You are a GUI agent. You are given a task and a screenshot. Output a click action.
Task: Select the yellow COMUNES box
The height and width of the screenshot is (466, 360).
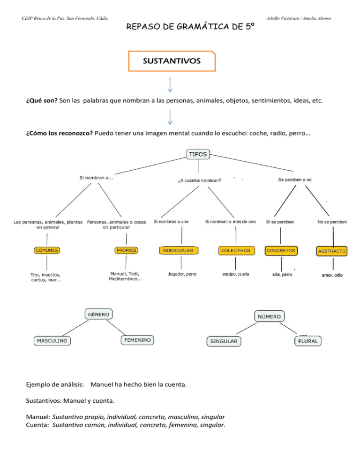pyautogui.click(x=46, y=250)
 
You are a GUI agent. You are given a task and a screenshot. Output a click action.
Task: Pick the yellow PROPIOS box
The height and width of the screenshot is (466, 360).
pyautogui.click(x=126, y=250)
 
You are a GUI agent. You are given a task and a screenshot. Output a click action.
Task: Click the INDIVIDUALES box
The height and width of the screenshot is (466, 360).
pyautogui.click(x=178, y=251)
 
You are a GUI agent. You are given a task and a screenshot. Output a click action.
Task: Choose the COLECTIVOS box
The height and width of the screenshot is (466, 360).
pyautogui.click(x=237, y=250)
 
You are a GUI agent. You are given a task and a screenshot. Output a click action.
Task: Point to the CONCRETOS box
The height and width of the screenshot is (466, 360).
pyautogui.click(x=281, y=251)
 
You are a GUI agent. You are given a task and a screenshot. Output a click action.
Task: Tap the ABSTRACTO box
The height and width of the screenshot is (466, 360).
pyautogui.click(x=332, y=251)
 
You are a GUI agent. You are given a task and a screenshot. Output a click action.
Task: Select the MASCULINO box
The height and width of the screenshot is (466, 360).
pyautogui.click(x=52, y=340)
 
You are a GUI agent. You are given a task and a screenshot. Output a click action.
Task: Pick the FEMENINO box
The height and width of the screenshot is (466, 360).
pyautogui.click(x=138, y=339)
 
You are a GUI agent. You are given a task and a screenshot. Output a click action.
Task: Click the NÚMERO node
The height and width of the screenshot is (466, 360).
pyautogui.click(x=270, y=316)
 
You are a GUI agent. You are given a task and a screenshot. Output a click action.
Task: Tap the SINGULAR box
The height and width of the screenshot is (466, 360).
pyautogui.click(x=224, y=341)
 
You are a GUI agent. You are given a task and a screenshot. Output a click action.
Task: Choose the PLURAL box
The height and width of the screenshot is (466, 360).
pyautogui.click(x=308, y=341)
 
